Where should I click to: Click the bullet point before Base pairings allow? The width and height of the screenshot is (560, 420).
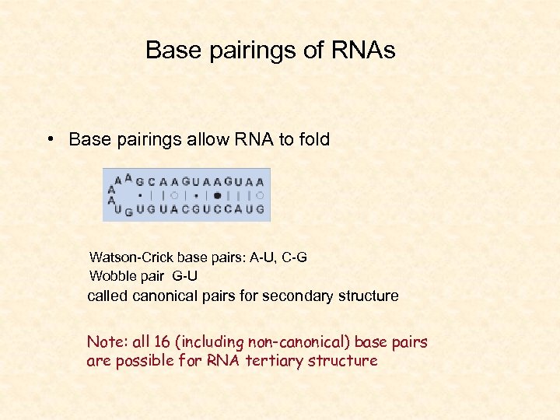49,139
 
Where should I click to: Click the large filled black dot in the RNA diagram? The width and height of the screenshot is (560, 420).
217,195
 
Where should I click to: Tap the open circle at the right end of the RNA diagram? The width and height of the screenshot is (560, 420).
260,195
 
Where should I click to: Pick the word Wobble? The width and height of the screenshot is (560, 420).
111,276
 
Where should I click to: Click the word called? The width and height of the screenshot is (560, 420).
107,296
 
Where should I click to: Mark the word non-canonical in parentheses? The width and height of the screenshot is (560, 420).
289,342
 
